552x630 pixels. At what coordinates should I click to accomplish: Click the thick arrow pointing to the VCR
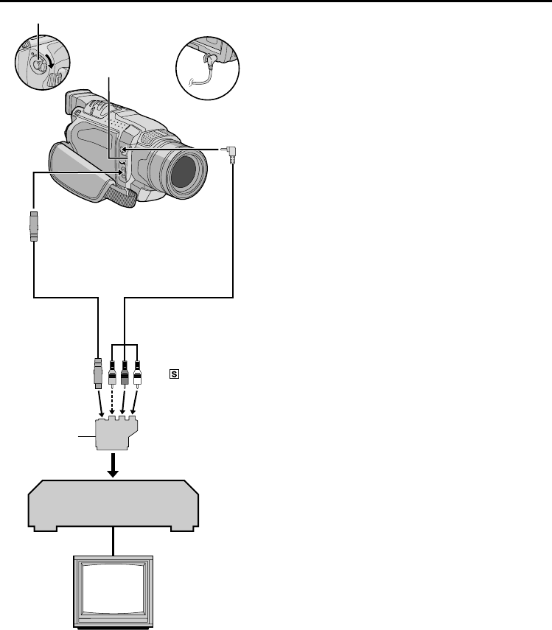[x=113, y=463]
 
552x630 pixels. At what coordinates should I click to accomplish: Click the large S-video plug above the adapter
[x=99, y=374]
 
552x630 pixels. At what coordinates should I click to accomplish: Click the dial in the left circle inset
[x=34, y=65]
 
